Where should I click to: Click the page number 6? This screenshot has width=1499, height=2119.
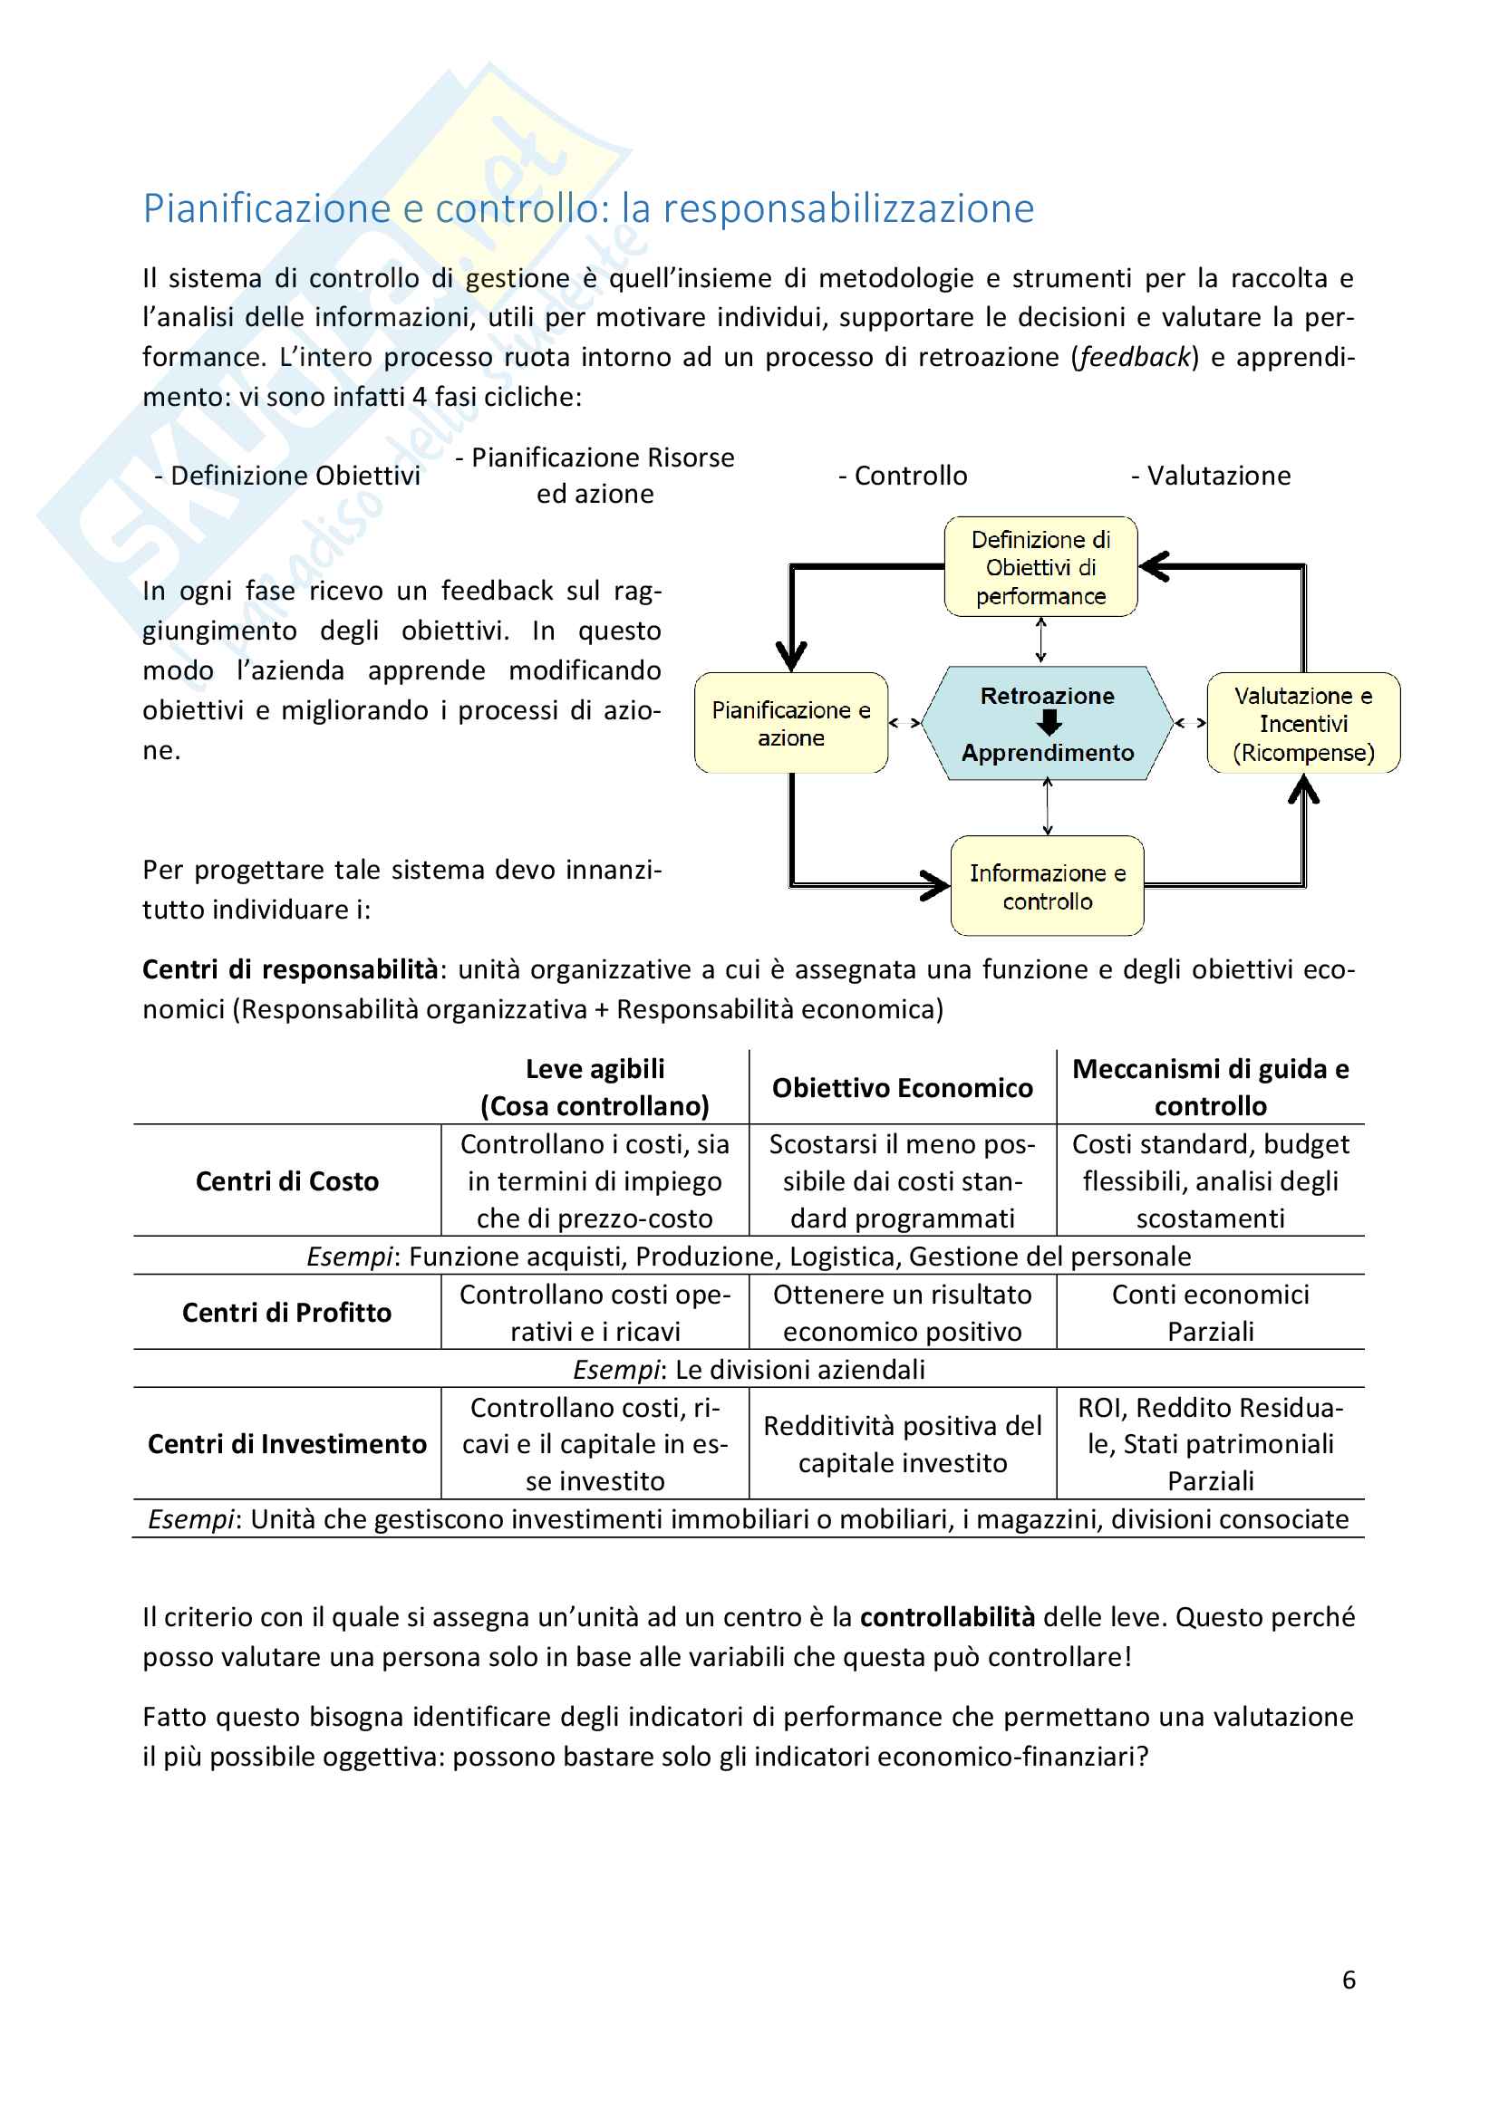pyautogui.click(x=1348, y=1979)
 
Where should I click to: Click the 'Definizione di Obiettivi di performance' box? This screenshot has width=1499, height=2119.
pyautogui.click(x=1040, y=566)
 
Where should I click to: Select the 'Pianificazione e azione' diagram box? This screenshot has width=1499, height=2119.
pyautogui.click(x=791, y=724)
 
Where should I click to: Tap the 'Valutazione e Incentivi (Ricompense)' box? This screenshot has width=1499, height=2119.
pyautogui.click(x=1303, y=724)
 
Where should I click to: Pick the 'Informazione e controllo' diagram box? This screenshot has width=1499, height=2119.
pyautogui.click(x=1047, y=886)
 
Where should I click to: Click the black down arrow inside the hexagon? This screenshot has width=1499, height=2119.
pyautogui.click(x=1049, y=724)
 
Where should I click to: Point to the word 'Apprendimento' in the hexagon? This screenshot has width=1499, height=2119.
pyautogui.click(x=1048, y=753)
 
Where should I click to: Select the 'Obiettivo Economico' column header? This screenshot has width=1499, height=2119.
pyautogui.click(x=902, y=1088)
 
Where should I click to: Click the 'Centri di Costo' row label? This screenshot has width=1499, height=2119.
pyautogui.click(x=287, y=1181)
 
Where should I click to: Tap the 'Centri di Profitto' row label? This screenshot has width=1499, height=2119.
pyautogui.click(x=287, y=1313)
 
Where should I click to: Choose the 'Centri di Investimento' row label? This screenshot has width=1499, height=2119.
pyautogui.click(x=287, y=1443)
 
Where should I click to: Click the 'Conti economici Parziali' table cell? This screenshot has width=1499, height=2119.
pyautogui.click(x=1210, y=1313)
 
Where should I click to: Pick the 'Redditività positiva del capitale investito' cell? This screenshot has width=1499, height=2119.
pyautogui.click(x=902, y=1443)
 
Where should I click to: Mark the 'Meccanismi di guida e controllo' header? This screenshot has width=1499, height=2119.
pyautogui.click(x=1210, y=1087)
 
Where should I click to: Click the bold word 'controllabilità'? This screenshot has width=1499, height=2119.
pyautogui.click(x=947, y=1617)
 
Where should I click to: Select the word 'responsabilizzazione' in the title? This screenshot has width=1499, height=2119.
pyautogui.click(x=848, y=208)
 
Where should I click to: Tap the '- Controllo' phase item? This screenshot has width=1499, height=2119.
pyautogui.click(x=903, y=476)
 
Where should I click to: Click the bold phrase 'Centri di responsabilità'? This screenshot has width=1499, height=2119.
pyautogui.click(x=290, y=969)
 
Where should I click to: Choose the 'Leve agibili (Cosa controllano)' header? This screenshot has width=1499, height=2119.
pyautogui.click(x=595, y=1087)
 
